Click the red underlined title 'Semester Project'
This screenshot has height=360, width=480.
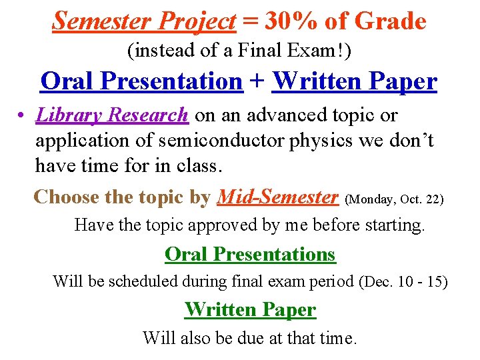click(x=143, y=21)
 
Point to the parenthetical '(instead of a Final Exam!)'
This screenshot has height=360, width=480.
click(x=239, y=51)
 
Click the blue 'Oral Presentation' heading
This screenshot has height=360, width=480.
click(x=141, y=81)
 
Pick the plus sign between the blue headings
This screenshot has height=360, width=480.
click(x=257, y=82)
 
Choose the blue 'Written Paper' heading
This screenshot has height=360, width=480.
click(x=355, y=81)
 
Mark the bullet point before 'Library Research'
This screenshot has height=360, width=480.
click(x=23, y=116)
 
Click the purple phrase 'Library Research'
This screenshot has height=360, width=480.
click(x=113, y=115)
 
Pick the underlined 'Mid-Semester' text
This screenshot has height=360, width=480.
click(x=278, y=197)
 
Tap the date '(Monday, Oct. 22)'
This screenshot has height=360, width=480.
click(x=394, y=199)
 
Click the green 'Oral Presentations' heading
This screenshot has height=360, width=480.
click(x=250, y=254)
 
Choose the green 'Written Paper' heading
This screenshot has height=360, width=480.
click(x=250, y=309)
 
